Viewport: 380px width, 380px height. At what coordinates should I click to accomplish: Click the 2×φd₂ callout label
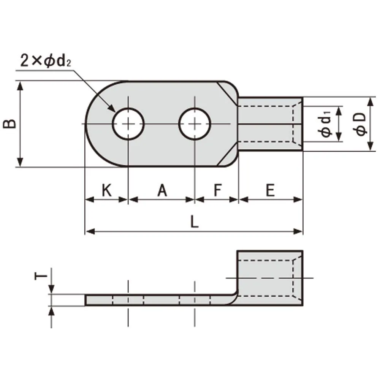tap(46, 60)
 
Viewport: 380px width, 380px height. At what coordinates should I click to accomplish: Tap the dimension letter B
tap(9, 123)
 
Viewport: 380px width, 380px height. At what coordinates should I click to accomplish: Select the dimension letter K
tap(107, 190)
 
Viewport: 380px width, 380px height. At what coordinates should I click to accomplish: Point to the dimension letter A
tap(162, 190)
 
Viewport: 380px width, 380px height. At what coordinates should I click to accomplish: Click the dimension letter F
tap(218, 190)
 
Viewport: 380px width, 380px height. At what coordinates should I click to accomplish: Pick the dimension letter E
tap(270, 190)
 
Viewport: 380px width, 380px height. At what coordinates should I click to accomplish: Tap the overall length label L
tap(194, 222)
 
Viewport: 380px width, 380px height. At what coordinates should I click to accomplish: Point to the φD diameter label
tap(359, 124)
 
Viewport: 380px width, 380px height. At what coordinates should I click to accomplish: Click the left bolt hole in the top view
tap(128, 124)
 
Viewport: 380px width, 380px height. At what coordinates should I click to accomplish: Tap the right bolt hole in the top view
tap(195, 124)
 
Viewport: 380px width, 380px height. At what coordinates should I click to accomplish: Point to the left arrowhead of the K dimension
tap(90, 200)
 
